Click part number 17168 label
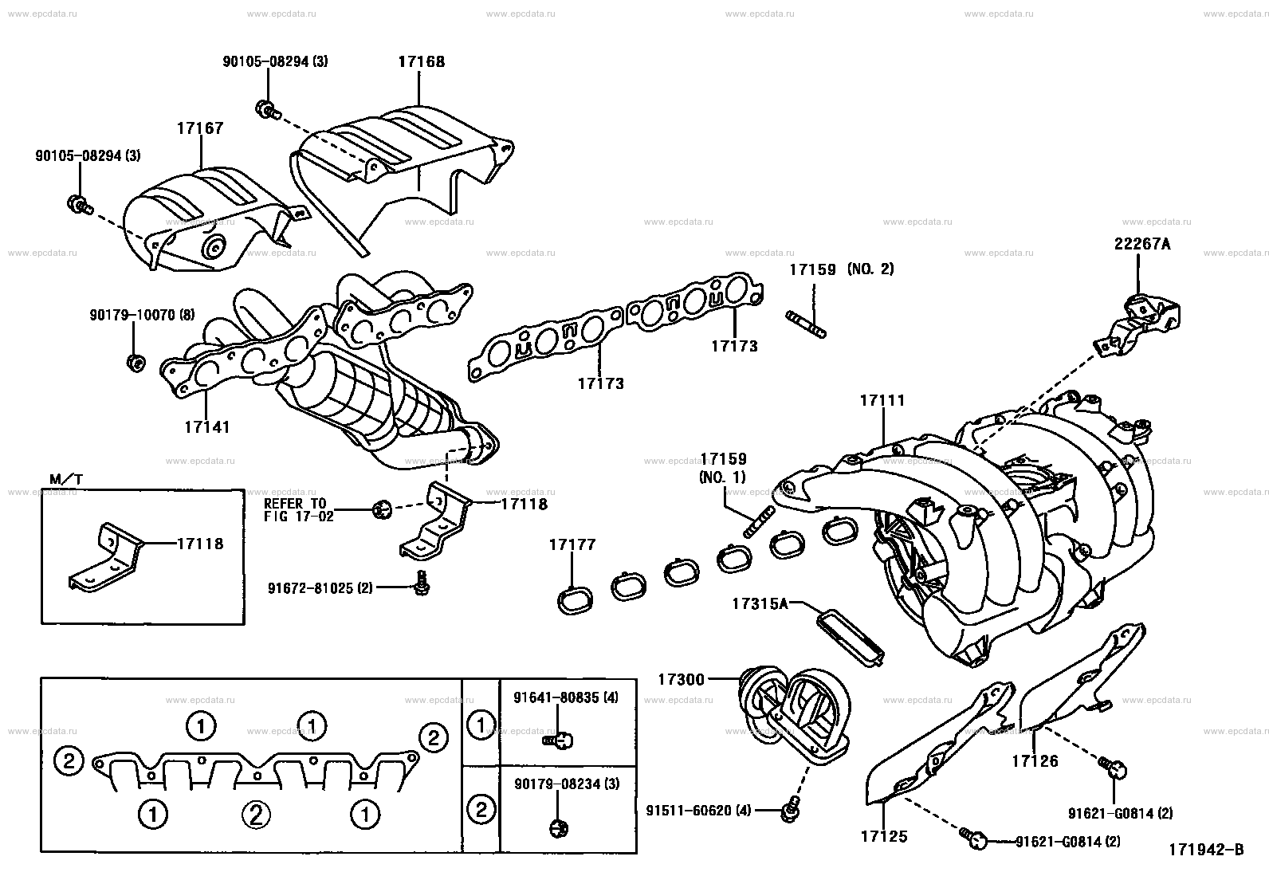tap(422, 61)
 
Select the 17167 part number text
tap(200, 128)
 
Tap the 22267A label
tap(1142, 244)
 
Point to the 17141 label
tap(206, 426)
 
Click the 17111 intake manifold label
tap(882, 400)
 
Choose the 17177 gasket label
tap(572, 544)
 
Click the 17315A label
tap(760, 603)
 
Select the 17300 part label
tap(681, 679)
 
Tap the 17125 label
tap(884, 836)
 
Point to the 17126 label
tap(1035, 760)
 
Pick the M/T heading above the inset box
tap(66, 479)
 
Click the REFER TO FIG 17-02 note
tap(298, 510)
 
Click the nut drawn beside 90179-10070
tap(136, 362)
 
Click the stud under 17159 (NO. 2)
tap(806, 324)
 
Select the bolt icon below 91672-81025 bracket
tap(422, 583)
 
